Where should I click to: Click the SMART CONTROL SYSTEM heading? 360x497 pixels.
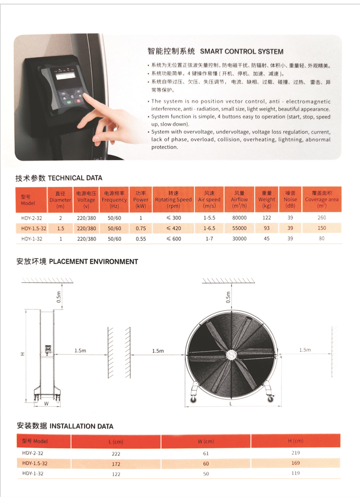point(241,51)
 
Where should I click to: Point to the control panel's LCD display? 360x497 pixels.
point(65,75)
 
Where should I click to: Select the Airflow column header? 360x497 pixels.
point(239,199)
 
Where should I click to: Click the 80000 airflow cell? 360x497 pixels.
point(239,218)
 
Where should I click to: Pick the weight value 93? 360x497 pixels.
point(266,228)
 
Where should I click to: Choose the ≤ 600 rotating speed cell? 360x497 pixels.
point(174,239)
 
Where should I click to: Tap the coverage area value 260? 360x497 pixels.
point(322,218)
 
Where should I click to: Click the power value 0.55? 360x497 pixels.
point(141,239)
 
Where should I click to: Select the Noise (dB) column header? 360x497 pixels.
point(290,199)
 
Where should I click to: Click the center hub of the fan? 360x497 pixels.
point(231,354)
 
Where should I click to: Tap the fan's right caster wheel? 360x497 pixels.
point(271,399)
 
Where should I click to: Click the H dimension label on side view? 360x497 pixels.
point(23,354)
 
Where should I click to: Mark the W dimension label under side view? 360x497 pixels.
point(46,403)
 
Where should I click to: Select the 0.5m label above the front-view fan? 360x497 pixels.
point(228,298)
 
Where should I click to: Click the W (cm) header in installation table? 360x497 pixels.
point(206,441)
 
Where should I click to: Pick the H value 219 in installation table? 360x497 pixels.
point(295,453)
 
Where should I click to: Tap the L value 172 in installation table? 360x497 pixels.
point(116,464)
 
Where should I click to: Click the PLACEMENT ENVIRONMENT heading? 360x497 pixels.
point(93,262)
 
